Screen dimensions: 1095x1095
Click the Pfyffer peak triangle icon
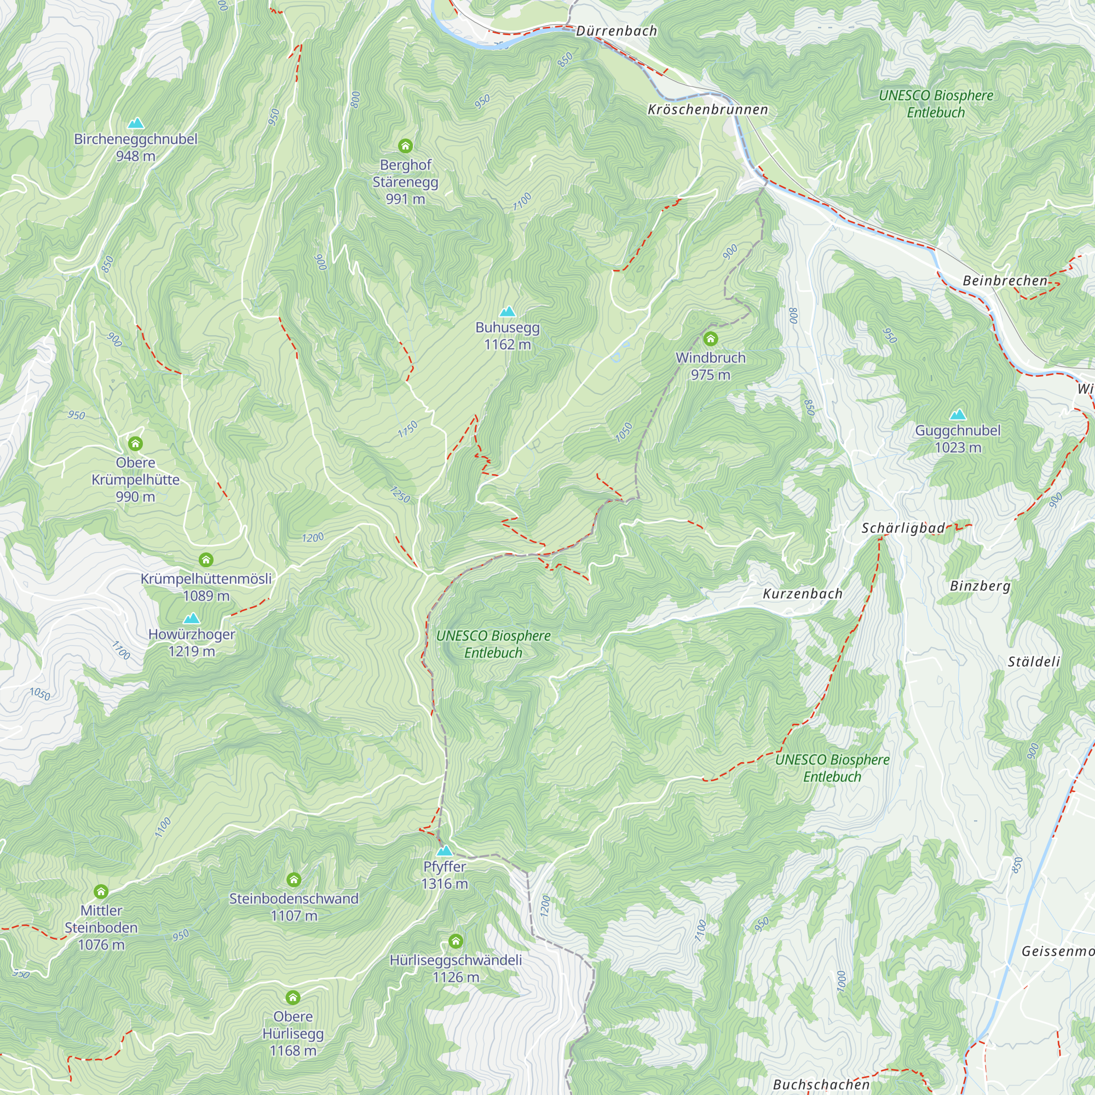445,851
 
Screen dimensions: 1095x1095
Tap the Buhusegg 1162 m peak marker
508,312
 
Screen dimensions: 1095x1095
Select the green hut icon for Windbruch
710,339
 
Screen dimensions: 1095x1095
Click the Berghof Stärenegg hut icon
405,146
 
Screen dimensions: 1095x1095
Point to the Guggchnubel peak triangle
958,414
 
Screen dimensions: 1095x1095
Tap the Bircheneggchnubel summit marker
135,124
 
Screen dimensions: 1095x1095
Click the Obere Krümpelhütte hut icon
135,443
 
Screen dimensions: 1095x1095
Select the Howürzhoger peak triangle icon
192,618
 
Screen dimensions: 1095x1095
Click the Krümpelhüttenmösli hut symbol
206,560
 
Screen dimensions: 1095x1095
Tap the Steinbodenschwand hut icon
293,880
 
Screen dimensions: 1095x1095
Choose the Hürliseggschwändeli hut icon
456,941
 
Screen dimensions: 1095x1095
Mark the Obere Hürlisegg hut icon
292,998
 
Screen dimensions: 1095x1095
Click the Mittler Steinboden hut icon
101,891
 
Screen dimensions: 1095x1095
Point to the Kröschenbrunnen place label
708,110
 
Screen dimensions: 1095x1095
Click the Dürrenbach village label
616,31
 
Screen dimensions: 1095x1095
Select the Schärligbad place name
903,528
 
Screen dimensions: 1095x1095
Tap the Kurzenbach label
803,594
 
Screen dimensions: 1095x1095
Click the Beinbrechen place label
1005,280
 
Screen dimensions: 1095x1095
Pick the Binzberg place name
980,586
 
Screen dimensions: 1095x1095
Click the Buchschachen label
821,1084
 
